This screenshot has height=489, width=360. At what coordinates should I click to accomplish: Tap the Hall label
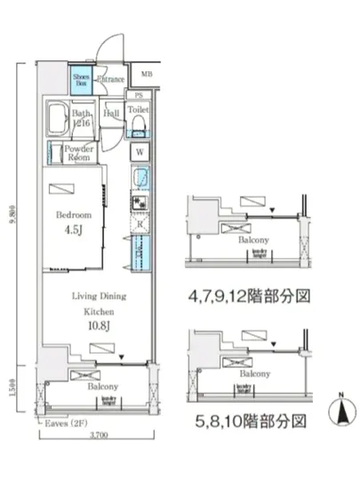112,113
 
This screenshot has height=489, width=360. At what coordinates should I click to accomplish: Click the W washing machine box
140,152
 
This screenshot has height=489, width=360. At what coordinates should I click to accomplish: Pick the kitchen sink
140,181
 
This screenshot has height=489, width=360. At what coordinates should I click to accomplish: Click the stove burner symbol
140,204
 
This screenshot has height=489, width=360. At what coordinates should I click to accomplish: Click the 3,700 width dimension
99,435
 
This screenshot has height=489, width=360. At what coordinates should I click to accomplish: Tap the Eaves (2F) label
67,423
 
